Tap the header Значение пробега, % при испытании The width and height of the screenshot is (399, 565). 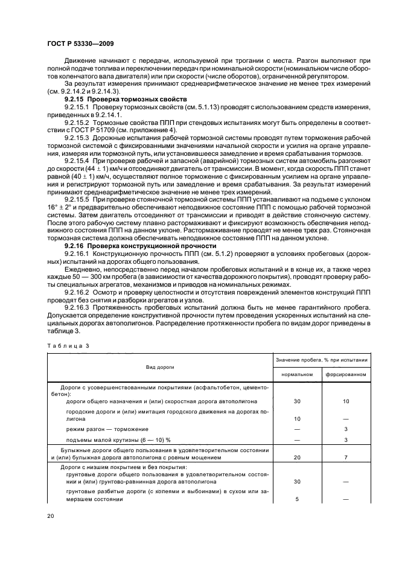(321, 359)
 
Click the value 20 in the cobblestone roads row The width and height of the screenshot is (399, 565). (296, 458)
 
